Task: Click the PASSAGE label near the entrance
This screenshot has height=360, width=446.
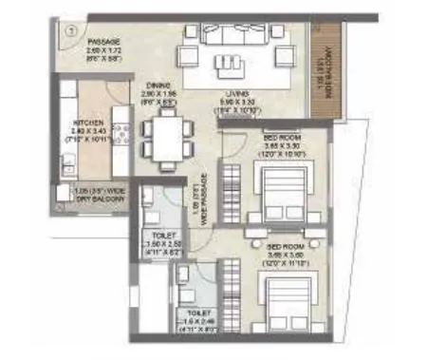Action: pos(81,42)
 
